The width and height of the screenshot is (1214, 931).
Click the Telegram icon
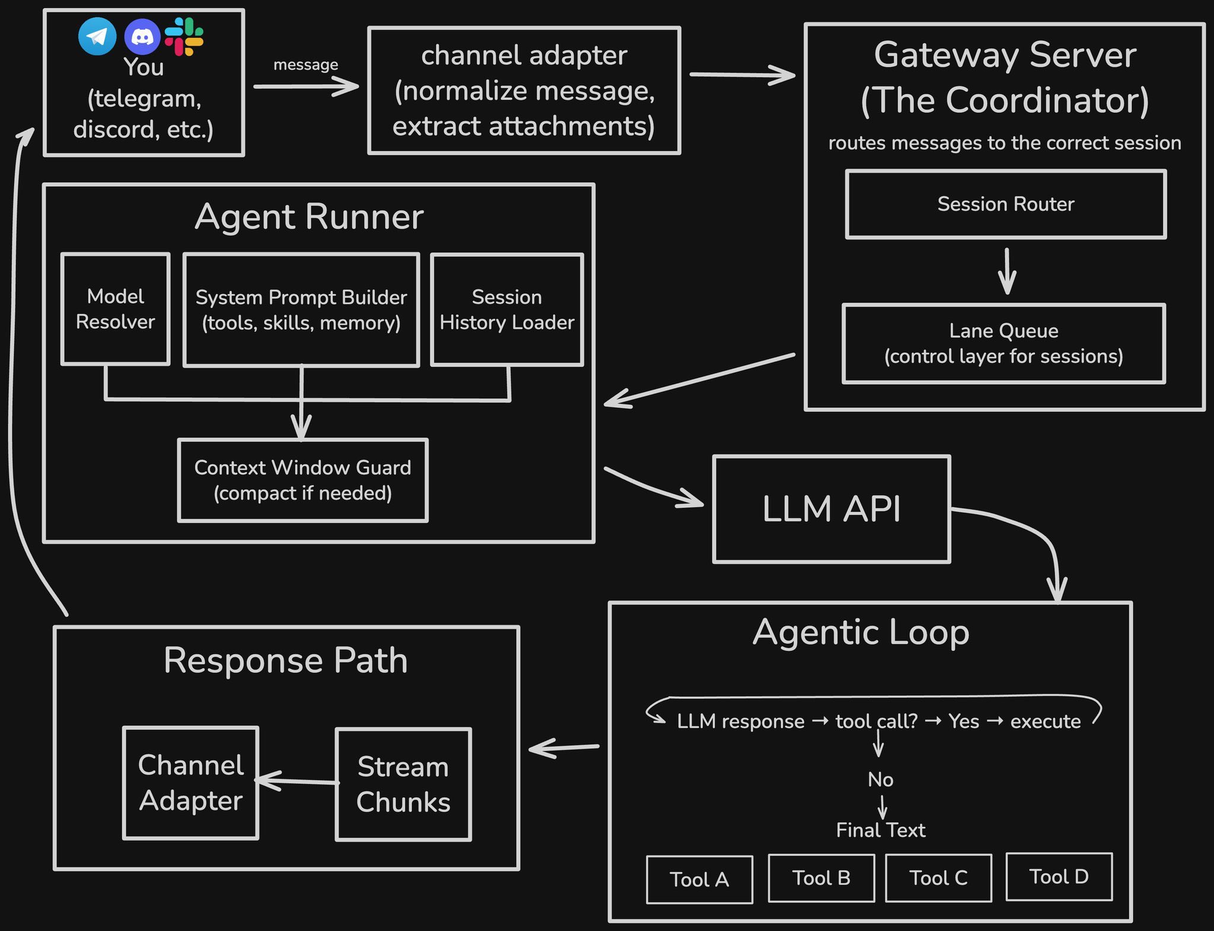pos(97,36)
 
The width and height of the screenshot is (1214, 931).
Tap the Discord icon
pos(142,37)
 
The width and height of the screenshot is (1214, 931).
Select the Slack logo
pos(184,36)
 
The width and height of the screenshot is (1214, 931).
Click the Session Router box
pos(1005,204)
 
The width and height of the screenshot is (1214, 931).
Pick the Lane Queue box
pos(1004,343)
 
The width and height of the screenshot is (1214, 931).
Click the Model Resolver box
pos(116,309)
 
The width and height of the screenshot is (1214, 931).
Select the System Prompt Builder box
pos(301,310)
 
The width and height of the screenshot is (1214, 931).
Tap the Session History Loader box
pos(507,310)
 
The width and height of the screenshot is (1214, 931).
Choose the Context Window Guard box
pos(302,480)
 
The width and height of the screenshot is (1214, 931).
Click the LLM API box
pos(831,509)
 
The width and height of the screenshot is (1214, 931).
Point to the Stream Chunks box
pos(403,784)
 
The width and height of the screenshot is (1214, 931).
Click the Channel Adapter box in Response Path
pos(191,783)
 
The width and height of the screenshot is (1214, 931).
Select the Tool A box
pos(699,879)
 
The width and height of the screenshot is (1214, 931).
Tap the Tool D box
pos(1059,876)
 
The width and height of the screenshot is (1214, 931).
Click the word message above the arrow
pos(306,64)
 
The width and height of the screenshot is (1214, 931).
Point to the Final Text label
pos(880,830)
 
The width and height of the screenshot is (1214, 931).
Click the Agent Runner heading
pos(309,216)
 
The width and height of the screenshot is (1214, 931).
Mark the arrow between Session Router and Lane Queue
pos(1007,272)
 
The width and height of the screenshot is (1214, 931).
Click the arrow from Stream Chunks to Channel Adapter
pos(296,781)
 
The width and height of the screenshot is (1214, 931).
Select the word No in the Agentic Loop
pos(880,779)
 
